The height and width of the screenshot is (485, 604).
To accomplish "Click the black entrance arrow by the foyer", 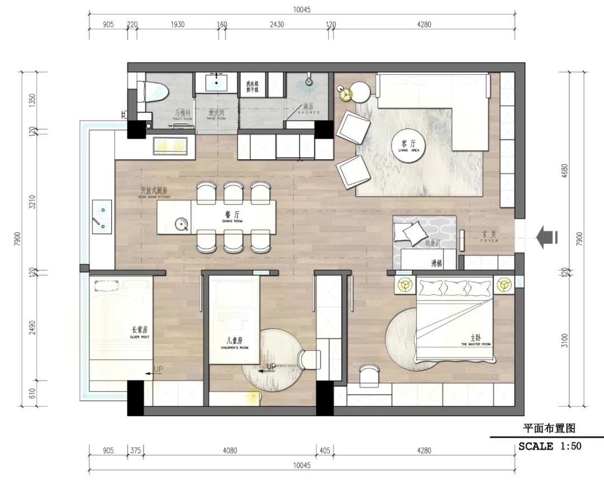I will coord(546,238).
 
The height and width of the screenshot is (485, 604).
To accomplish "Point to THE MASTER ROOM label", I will coord(475,341).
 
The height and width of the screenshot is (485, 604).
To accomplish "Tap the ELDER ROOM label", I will coord(137,332).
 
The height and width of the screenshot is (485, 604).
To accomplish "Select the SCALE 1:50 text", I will coord(549,446).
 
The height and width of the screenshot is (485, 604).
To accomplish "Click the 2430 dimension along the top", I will coord(277,24).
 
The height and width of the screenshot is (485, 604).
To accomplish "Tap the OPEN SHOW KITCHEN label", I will coord(154,193).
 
